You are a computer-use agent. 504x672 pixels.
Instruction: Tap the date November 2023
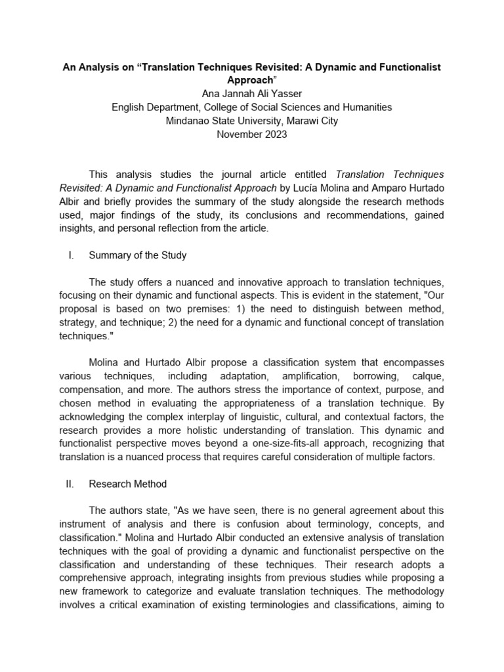pyautogui.click(x=252, y=134)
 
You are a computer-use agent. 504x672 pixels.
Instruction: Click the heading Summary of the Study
pyautogui.click(x=137, y=255)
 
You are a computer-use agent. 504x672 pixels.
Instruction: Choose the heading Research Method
pyautogui.click(x=127, y=484)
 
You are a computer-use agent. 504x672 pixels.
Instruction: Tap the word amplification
pyautogui.click(x=312, y=377)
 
